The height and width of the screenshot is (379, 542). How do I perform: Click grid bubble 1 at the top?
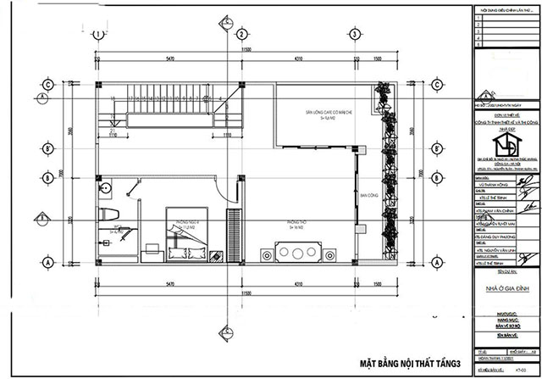99,34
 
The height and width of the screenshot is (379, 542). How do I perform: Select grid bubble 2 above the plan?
241,34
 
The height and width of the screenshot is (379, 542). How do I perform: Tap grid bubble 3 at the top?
352,34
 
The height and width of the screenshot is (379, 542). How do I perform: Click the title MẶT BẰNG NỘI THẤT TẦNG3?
406,363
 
